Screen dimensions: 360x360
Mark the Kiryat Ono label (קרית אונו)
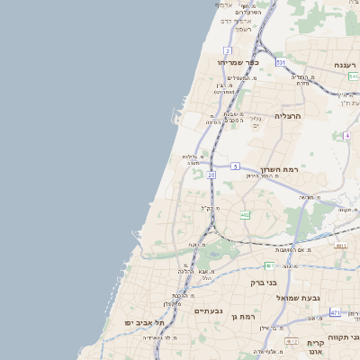315,347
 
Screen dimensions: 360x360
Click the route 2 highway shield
228,50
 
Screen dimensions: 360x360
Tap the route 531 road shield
281,62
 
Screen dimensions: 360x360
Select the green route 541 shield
353,76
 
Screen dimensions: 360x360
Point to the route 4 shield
346,136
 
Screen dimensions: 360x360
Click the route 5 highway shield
235,166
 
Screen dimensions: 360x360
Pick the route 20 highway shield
211,175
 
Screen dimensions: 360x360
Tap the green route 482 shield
245,215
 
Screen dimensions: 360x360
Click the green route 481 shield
269,265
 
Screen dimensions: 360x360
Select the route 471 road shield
335,312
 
